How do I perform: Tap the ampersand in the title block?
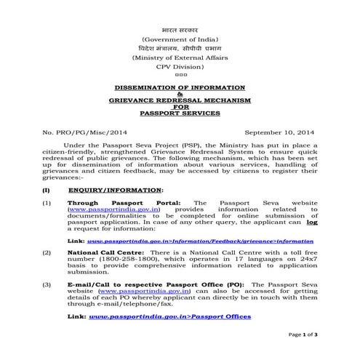pos(180,93)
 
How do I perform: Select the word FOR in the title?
pos(180,107)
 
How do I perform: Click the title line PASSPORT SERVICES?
pos(180,113)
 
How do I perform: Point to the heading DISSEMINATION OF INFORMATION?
pos(180,87)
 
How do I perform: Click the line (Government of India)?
pos(180,37)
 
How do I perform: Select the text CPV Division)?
pos(180,65)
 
